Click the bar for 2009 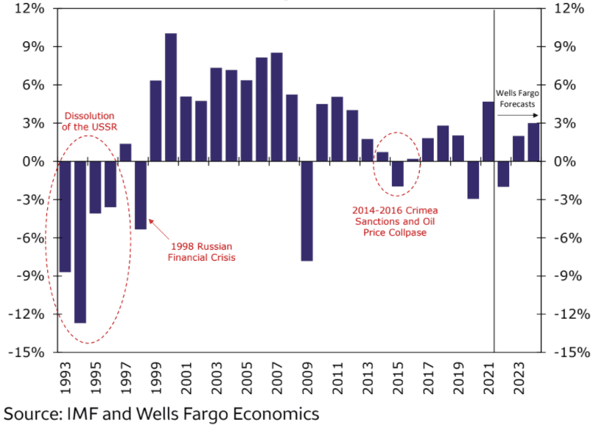click(306, 211)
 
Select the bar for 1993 click(65, 217)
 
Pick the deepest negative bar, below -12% click(80, 242)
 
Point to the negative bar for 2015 click(397, 174)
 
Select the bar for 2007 click(276, 107)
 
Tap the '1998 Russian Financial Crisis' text click(203, 251)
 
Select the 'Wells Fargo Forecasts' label click(516, 99)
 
